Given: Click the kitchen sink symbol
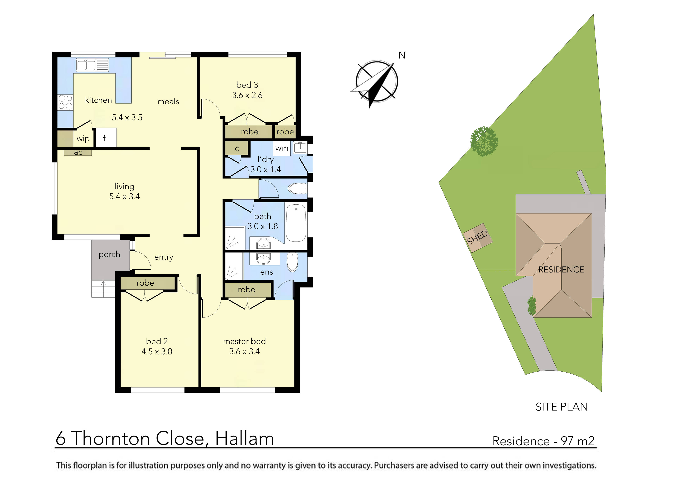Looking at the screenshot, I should (x=92, y=65).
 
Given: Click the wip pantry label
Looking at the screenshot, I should (x=83, y=139).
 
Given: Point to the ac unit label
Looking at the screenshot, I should (x=78, y=152).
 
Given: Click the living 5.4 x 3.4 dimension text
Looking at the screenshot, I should (x=124, y=196).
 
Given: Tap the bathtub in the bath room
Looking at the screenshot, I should (x=296, y=223).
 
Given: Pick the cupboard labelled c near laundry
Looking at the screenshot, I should (x=237, y=149).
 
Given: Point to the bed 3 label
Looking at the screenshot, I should (x=247, y=85).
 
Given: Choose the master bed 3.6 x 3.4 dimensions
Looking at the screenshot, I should (x=244, y=351).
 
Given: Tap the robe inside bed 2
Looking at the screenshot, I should (x=145, y=283).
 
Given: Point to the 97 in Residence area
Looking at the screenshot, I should (x=567, y=441).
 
